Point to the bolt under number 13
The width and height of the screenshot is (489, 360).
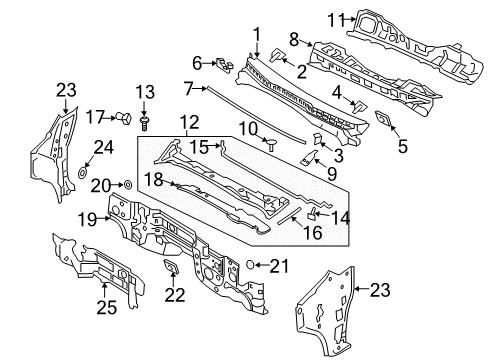tap(146, 120)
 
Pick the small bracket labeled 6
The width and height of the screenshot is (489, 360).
tap(226, 65)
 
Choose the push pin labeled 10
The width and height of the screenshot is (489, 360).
tap(269, 144)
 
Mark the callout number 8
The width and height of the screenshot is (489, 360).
tap(294, 39)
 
